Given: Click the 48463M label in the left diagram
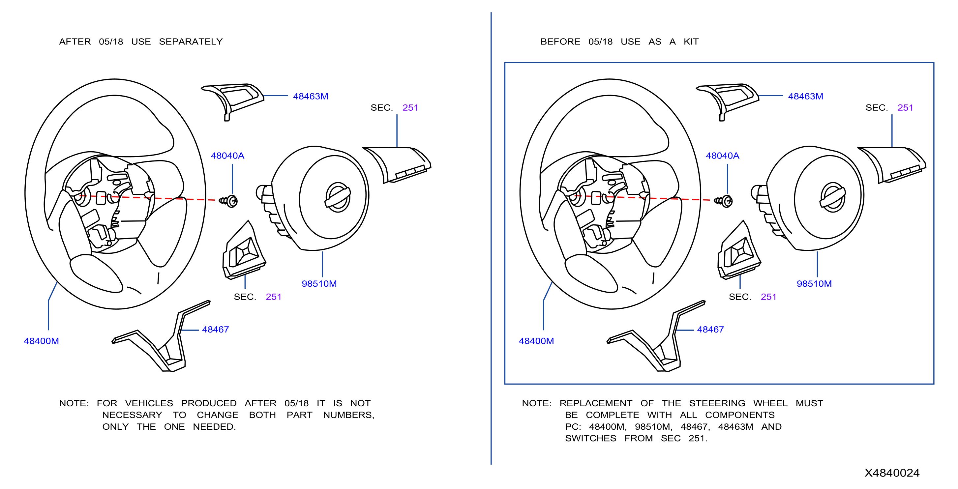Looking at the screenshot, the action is [311, 96].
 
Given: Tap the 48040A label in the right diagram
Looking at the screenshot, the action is [722, 156].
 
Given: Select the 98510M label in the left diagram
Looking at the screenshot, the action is [319, 284].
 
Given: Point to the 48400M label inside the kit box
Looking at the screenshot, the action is [536, 341].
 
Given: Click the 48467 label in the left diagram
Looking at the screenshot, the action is [215, 330].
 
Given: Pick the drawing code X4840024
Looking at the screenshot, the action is [892, 473].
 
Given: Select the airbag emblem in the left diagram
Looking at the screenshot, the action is [338, 197].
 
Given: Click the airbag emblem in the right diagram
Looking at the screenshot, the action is [833, 197].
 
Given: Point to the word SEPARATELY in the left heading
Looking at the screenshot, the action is [191, 42].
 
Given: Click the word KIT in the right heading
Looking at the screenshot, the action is [691, 42].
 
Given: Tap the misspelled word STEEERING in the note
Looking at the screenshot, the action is [717, 403].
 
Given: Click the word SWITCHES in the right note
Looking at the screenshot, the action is [590, 439].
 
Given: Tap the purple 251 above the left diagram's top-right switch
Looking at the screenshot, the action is [410, 108].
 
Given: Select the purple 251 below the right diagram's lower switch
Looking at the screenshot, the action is [768, 297].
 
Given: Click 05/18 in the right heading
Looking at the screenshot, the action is [600, 42].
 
